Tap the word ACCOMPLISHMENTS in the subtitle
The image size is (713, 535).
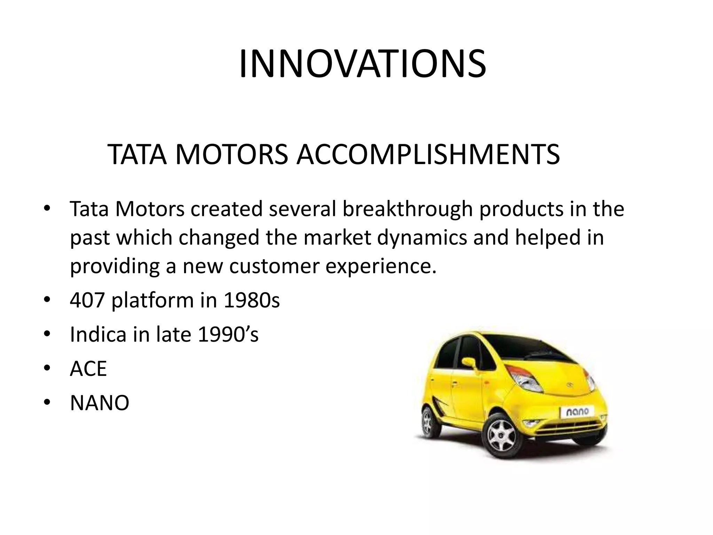coord(428,154)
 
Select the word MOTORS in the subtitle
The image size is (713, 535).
coord(232,154)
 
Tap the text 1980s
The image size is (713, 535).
coord(251,300)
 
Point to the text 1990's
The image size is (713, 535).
coord(228,334)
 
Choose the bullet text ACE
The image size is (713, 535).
coord(88,369)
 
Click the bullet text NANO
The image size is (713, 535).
coord(100,403)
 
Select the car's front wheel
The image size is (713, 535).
coord(502,436)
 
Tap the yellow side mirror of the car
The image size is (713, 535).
coord(469,363)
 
